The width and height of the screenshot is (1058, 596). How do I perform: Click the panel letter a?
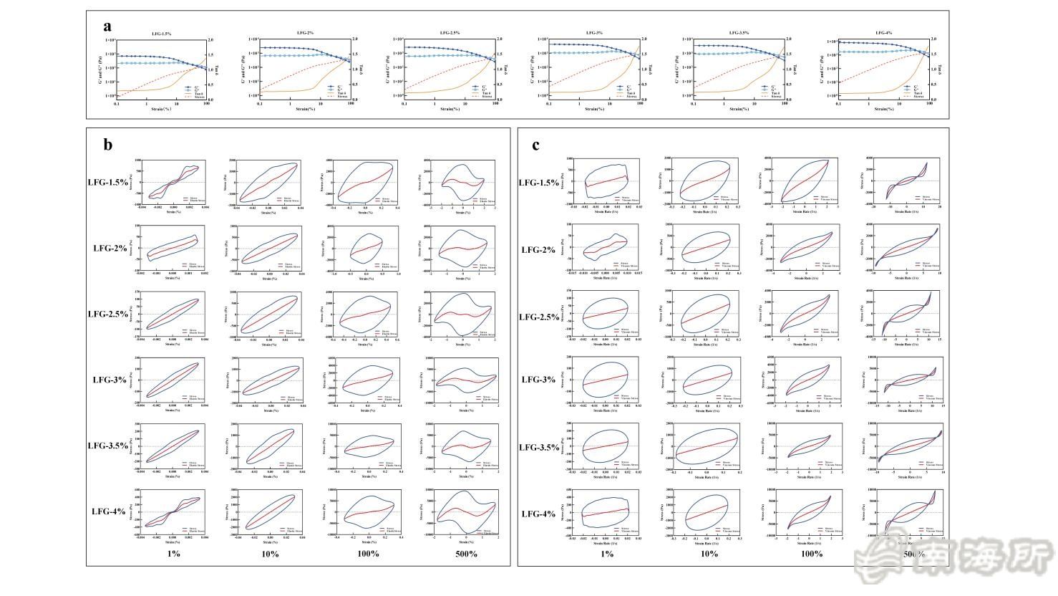pyautogui.click(x=107, y=27)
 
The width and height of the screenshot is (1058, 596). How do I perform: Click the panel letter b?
pyautogui.click(x=107, y=145)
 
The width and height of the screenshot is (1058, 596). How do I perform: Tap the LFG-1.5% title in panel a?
pyautogui.click(x=160, y=34)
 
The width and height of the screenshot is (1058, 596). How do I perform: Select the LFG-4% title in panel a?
pyautogui.click(x=883, y=33)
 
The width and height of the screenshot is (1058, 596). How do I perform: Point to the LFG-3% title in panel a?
pyautogui.click(x=594, y=33)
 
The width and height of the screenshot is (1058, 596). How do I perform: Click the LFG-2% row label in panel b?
pyautogui.click(x=110, y=249)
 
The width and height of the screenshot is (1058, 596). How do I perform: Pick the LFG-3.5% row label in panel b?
pyautogui.click(x=107, y=446)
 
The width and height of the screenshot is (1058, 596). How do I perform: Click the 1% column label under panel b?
pyautogui.click(x=173, y=554)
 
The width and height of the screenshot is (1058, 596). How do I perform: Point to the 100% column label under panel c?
pyautogui.click(x=811, y=554)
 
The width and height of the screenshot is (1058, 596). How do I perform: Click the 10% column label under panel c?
pyautogui.click(x=709, y=554)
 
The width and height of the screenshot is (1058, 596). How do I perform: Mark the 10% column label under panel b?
pyautogui.click(x=270, y=554)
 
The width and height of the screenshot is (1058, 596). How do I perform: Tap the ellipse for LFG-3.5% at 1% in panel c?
pyautogui.click(x=605, y=446)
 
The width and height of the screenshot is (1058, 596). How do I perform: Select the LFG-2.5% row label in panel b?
pyautogui.click(x=107, y=314)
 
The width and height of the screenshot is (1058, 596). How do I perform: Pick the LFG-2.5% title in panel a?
pyautogui.click(x=450, y=33)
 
